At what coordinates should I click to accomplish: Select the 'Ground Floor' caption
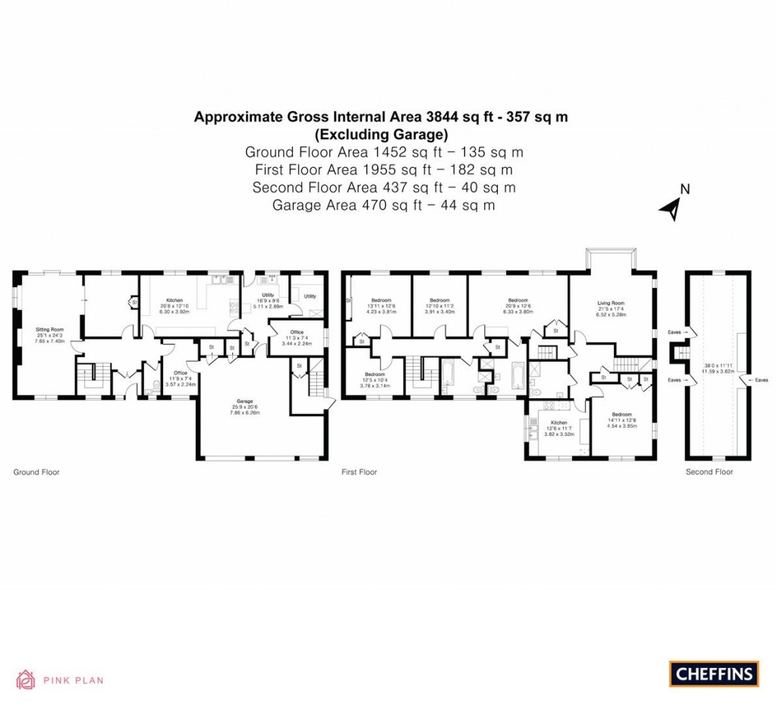36,473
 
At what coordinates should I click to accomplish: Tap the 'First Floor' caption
359,473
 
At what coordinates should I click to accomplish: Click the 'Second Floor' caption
709,473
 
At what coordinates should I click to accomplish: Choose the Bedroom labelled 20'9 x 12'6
517,300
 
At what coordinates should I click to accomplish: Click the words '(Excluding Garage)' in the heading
381,134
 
